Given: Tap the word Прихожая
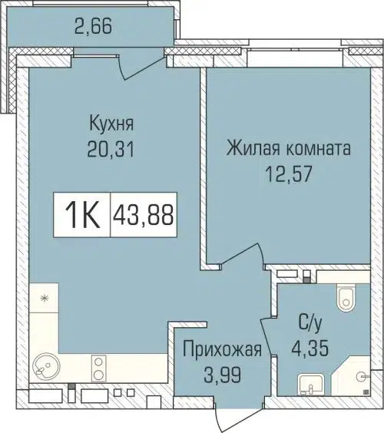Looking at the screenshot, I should (x=223, y=351).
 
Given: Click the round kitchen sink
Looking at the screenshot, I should (x=45, y=366).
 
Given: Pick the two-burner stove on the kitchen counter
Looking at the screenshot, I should (x=100, y=366).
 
